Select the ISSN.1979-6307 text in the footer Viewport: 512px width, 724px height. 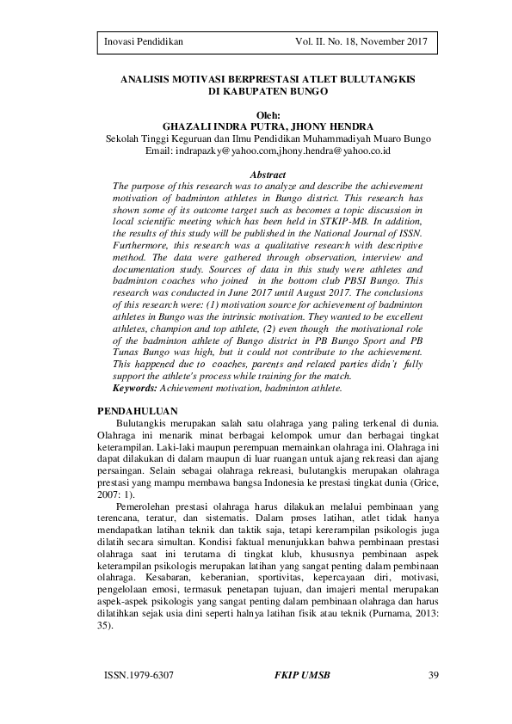[137, 674]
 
